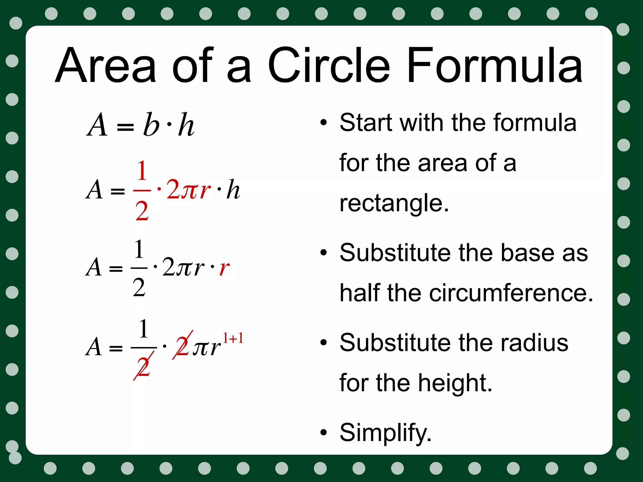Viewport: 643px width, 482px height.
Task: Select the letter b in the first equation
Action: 151,125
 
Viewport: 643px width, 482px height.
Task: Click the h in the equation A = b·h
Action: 186,125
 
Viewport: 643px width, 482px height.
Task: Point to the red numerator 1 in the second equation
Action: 142,171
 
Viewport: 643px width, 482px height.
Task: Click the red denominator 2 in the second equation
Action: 142,211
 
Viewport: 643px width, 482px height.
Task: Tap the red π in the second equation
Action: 190,190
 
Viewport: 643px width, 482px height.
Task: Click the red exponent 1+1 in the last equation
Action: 233,338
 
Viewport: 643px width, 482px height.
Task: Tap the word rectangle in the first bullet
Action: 394,203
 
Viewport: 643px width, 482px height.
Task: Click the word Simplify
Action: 385,433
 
